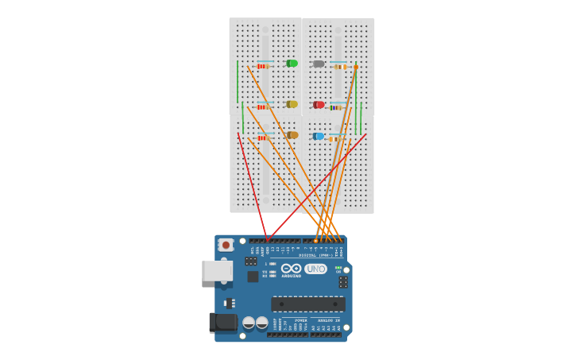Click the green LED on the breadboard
point(292,64)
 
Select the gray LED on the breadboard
point(318,64)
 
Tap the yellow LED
point(292,104)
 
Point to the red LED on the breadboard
point(319,105)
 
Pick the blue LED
point(319,136)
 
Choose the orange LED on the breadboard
point(292,135)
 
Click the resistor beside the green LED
point(263,66)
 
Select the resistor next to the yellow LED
point(263,106)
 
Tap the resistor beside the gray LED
point(340,67)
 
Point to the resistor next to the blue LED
point(337,138)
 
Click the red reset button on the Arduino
point(226,245)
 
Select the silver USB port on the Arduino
point(217,271)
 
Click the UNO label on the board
point(315,269)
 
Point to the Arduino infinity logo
point(292,269)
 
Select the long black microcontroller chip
point(308,304)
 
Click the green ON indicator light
point(338,268)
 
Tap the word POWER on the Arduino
point(301,320)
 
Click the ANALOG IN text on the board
point(329,320)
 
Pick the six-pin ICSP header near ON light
point(342,282)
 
